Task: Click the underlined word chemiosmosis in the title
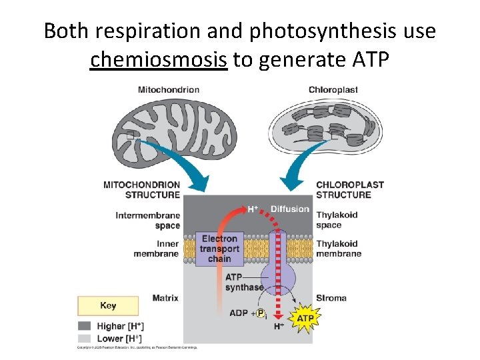[x=159, y=60]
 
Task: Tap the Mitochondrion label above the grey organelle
[x=168, y=90]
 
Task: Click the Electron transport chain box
[x=219, y=249]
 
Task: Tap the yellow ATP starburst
[x=304, y=319]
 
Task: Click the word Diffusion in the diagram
[x=289, y=209]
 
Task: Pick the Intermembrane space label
[x=147, y=220]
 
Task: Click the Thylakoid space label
[x=336, y=220]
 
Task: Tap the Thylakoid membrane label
[x=338, y=249]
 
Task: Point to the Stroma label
[x=331, y=298]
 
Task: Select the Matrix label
[x=165, y=298]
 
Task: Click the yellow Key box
[x=108, y=306]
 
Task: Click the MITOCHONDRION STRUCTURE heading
[x=141, y=189]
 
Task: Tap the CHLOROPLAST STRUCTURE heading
[x=349, y=189]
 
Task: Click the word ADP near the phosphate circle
[x=239, y=313]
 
